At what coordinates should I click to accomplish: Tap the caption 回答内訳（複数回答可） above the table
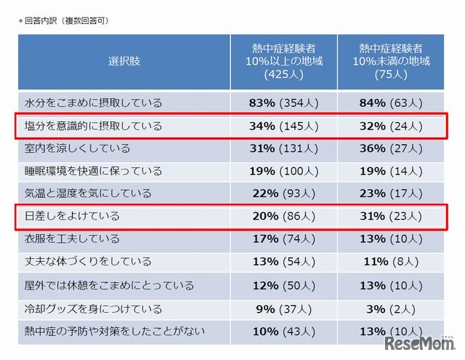(x=65, y=21)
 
